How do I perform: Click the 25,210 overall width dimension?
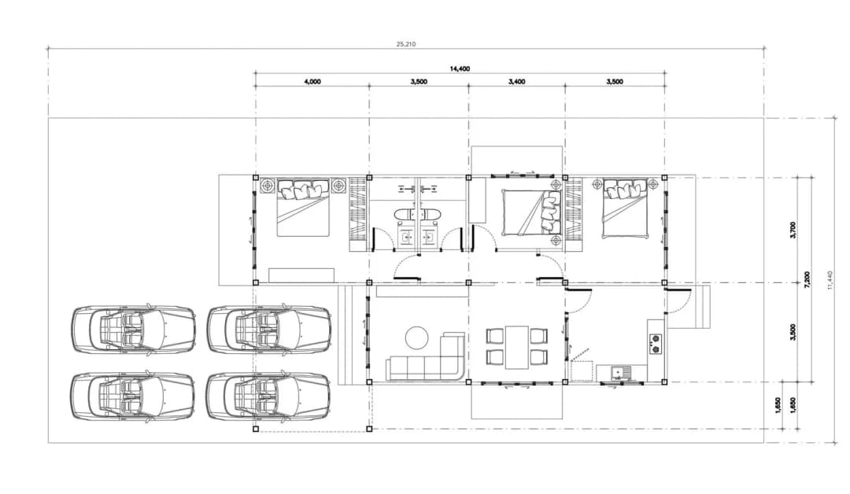pyautogui.click(x=406, y=44)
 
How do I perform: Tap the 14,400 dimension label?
pyautogui.click(x=460, y=68)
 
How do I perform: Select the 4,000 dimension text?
pyautogui.click(x=312, y=82)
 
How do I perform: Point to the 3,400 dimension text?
pyautogui.click(x=516, y=82)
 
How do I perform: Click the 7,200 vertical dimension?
pyautogui.click(x=807, y=280)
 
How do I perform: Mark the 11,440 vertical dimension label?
pyautogui.click(x=830, y=280)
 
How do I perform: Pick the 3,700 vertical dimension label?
pyautogui.click(x=793, y=230)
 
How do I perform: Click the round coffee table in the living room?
pyautogui.click(x=417, y=337)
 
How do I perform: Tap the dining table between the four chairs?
pyautogui.click(x=517, y=347)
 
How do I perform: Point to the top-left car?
pyautogui.click(x=133, y=330)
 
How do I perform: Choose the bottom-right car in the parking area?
pyautogui.click(x=269, y=396)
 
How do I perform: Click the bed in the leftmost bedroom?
pyautogui.click(x=304, y=208)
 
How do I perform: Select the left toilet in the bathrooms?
pyautogui.click(x=404, y=215)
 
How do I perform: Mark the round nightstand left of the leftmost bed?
pyautogui.click(x=268, y=186)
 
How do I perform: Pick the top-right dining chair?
pyautogui.click(x=539, y=337)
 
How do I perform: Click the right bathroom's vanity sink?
pyautogui.click(x=430, y=238)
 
